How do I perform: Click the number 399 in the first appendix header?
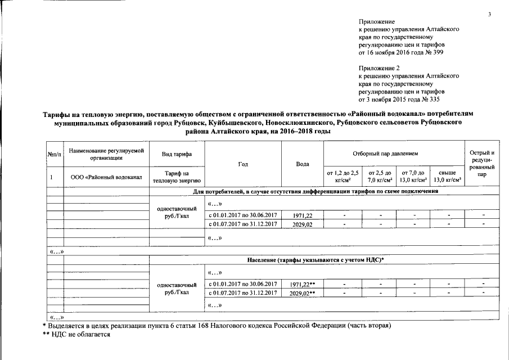[x=442, y=52]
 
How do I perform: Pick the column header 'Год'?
[x=243, y=164]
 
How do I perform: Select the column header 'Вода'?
[x=302, y=164]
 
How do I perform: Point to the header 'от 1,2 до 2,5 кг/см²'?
[x=343, y=176]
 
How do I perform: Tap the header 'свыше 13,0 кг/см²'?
[x=448, y=176]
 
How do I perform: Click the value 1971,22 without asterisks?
[x=302, y=215]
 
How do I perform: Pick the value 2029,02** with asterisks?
[x=302, y=293]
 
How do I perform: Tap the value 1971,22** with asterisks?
[x=302, y=283]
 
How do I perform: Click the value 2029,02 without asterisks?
[x=302, y=224]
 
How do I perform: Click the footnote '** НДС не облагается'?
[x=76, y=334]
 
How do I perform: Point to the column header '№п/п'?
[x=54, y=154]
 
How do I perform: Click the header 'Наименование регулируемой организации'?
[x=106, y=154]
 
